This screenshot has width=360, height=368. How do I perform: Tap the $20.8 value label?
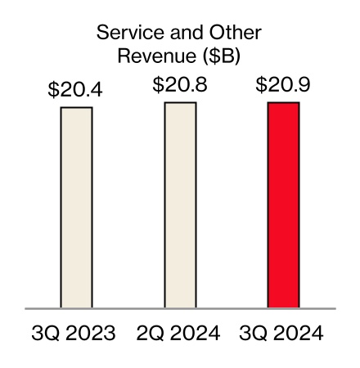pos(180,84)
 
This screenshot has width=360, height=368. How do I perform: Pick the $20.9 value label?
pos(283,84)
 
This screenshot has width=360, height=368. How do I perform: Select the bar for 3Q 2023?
pos(76,208)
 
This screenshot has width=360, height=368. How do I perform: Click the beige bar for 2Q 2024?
pos(180,204)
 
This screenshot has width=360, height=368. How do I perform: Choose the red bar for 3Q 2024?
pos(284,204)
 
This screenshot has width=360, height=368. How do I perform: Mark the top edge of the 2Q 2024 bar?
pos(180,103)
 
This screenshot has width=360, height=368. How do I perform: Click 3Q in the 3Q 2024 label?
pos(253,334)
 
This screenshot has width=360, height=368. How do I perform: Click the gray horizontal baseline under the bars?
pos(180,308)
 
